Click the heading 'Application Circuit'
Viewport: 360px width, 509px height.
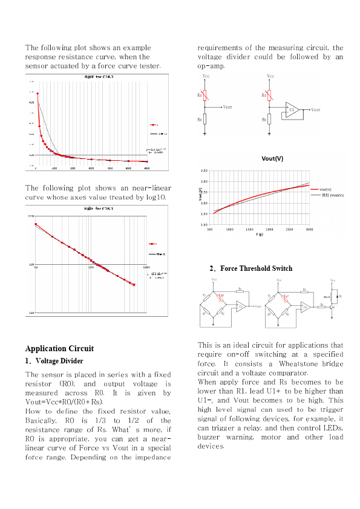59,348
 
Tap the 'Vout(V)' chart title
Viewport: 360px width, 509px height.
272,159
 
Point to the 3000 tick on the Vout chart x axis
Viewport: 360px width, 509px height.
309,230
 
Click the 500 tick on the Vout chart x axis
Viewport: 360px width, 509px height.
209,230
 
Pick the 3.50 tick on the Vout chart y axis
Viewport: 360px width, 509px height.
204,171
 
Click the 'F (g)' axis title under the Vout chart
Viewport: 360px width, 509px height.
260,234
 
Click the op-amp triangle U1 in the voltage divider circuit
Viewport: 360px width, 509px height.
292,110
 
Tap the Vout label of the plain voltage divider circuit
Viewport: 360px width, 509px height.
227,107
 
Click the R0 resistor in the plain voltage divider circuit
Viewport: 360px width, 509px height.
206,120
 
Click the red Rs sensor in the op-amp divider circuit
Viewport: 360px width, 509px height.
270,95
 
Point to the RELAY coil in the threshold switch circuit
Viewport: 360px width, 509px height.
332,297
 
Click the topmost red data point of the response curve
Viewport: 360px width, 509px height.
38,94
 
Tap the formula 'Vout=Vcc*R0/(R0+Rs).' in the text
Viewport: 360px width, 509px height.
64,401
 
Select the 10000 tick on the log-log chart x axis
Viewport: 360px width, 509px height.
146,267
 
